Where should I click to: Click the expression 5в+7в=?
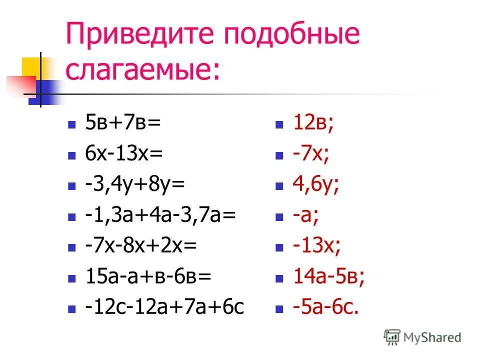point(123,123)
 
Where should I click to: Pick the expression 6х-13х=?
point(124,153)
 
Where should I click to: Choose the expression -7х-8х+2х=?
point(141,245)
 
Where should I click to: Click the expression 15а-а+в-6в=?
point(148,276)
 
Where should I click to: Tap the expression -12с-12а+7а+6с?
point(164,307)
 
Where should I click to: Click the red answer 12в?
point(313,123)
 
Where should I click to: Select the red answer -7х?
point(311,153)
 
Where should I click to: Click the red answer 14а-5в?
point(328,276)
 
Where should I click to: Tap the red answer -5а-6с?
point(325,307)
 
